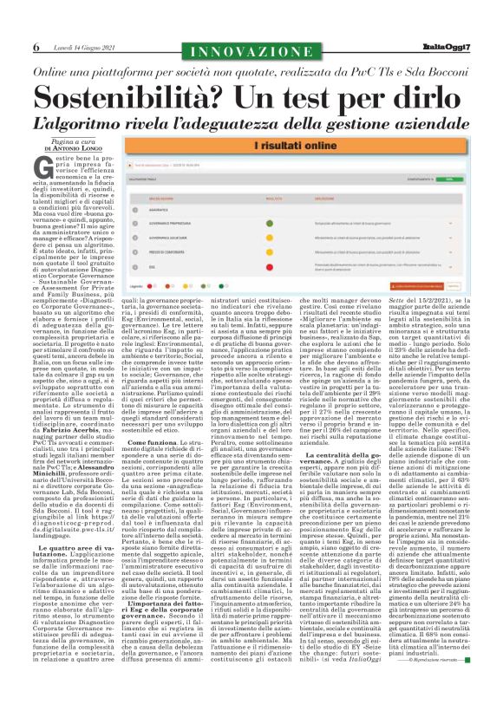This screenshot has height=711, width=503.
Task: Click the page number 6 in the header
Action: tap(36, 47)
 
